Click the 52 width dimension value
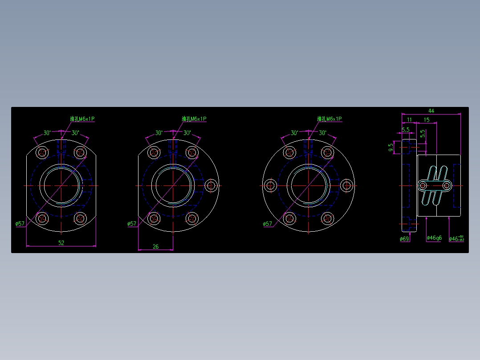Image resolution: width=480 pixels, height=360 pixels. (61, 243)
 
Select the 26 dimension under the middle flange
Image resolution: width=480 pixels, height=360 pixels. (155, 246)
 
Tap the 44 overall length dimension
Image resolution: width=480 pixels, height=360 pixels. (431, 110)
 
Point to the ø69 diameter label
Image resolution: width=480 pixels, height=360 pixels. (404, 239)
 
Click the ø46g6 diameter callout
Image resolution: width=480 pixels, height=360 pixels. (434, 238)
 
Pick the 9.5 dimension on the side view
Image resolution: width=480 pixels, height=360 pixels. (391, 147)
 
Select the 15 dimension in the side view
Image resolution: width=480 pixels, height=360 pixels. (427, 119)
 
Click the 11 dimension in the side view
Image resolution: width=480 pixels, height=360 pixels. (409, 119)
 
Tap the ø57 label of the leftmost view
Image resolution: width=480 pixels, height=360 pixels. (20, 224)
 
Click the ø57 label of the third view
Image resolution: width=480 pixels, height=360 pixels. (267, 224)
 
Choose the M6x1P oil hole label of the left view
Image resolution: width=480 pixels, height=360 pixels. (82, 119)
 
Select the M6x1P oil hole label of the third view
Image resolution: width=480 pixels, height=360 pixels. (329, 119)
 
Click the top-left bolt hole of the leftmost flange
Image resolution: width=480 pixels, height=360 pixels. (43, 152)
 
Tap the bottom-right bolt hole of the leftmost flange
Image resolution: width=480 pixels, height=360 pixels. (80, 218)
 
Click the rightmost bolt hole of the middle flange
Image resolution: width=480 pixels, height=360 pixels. (211, 185)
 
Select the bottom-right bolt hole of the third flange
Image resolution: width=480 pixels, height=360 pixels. (327, 218)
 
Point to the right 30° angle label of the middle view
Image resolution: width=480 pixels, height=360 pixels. (187, 133)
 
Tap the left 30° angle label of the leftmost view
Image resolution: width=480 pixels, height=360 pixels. (47, 133)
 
